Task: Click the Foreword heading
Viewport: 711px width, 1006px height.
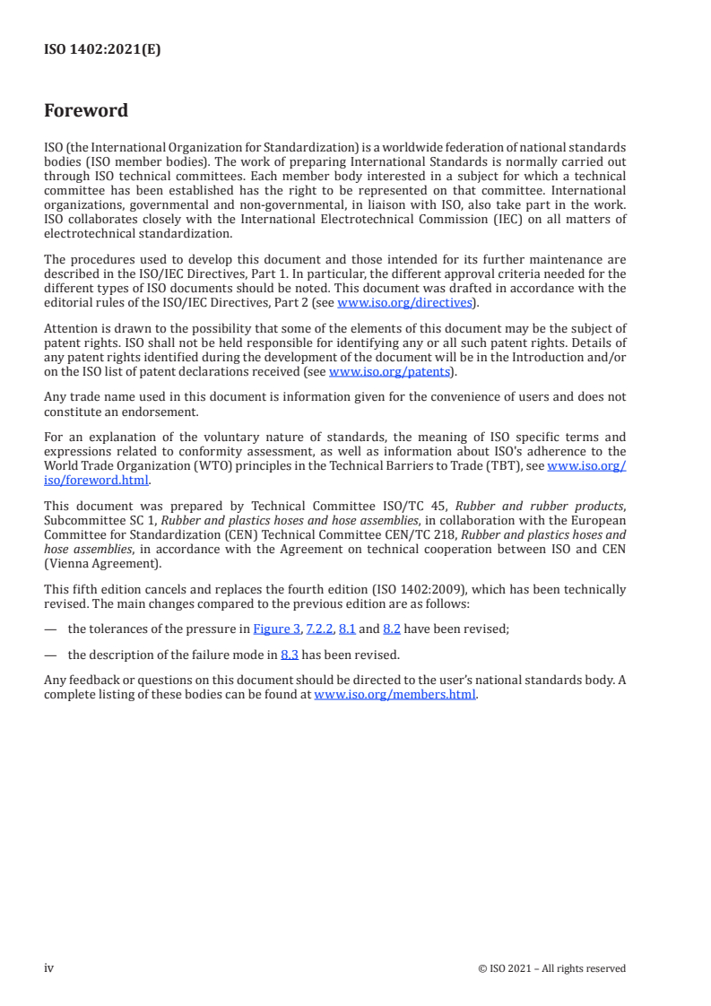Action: [86, 111]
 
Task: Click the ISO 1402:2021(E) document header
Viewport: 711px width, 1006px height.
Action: [102, 50]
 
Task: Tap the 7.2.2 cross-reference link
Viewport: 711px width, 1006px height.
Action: [319, 629]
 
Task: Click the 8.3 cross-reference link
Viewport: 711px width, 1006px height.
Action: [289, 655]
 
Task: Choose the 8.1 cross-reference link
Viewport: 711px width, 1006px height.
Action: [347, 629]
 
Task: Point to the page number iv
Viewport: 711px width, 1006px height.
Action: [49, 968]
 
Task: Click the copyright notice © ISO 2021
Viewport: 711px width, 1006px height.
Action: [551, 968]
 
